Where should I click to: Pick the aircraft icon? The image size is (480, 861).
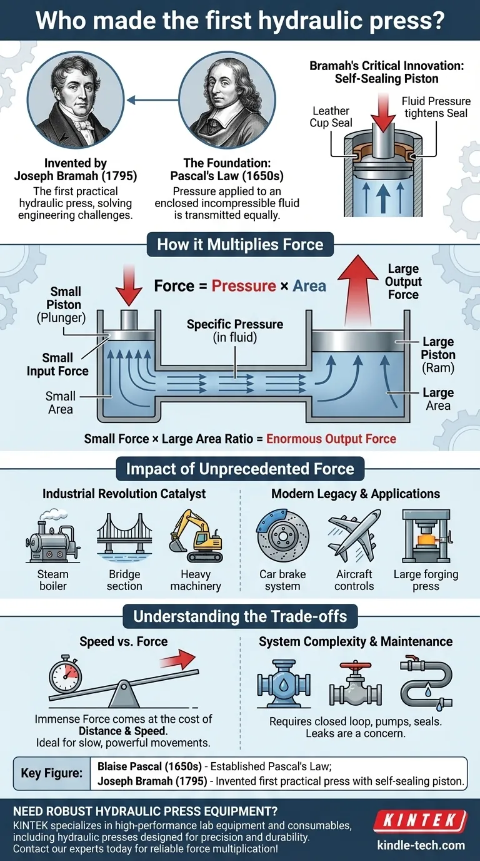pyautogui.click(x=354, y=536)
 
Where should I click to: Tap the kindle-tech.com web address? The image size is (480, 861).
pyautogui.click(x=421, y=845)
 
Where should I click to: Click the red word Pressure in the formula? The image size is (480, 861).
pyautogui.click(x=243, y=286)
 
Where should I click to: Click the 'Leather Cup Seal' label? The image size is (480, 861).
pyautogui.click(x=331, y=117)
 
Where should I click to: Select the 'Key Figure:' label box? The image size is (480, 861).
pyautogui.click(x=52, y=773)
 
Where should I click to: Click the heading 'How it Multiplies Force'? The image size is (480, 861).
pyautogui.click(x=240, y=244)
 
